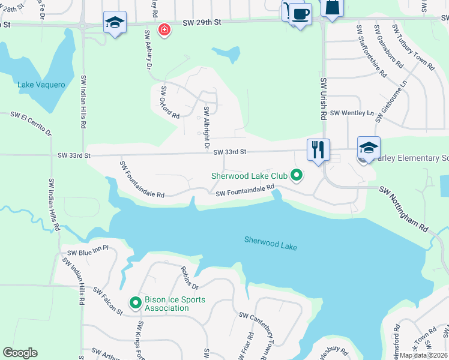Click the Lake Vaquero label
(41, 85)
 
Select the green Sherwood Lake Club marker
(295, 176)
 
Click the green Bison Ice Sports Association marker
(136, 304)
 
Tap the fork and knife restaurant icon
(318, 149)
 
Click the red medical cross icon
(163, 29)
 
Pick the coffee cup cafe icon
(301, 14)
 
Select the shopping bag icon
(332, 7)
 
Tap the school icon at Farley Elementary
(369, 148)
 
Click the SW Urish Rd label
(323, 99)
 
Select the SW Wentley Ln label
(352, 113)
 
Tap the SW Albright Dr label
(205, 128)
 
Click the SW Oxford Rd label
(170, 103)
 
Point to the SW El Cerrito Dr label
(32, 123)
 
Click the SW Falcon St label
(108, 300)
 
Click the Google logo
(20, 353)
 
